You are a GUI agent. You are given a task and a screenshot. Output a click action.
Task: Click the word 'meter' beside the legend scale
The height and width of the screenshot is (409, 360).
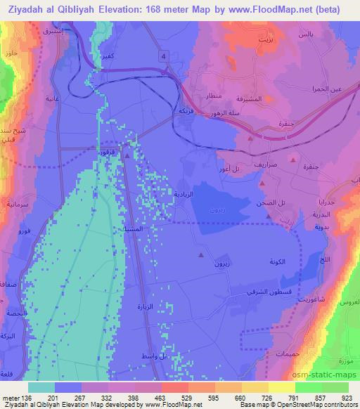[x=12, y=397]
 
